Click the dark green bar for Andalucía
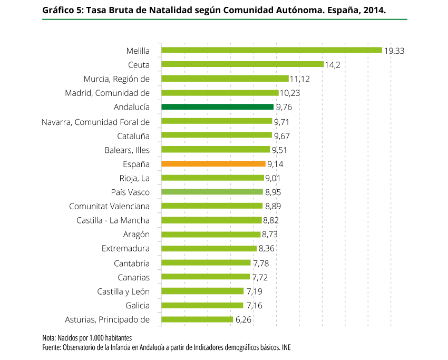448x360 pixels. [217, 107]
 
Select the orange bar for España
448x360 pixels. [213, 164]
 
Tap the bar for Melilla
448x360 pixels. [271, 50]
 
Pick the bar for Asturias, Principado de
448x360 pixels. [197, 319]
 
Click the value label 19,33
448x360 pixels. [394, 51]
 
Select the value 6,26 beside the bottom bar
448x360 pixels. [244, 319]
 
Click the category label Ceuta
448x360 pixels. [139, 65]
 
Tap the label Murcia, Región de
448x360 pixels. [116, 79]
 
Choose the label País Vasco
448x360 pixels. [130, 192]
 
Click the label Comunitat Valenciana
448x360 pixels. [109, 206]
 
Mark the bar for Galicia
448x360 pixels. [202, 305]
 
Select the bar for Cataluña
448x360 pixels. [216, 135]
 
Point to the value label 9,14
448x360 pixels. [276, 164]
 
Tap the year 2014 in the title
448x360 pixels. [367, 9]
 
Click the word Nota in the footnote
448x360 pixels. [48, 338]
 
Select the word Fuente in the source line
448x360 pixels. [51, 347]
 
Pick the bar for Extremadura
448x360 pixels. [209, 248]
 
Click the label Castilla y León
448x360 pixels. [123, 291]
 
